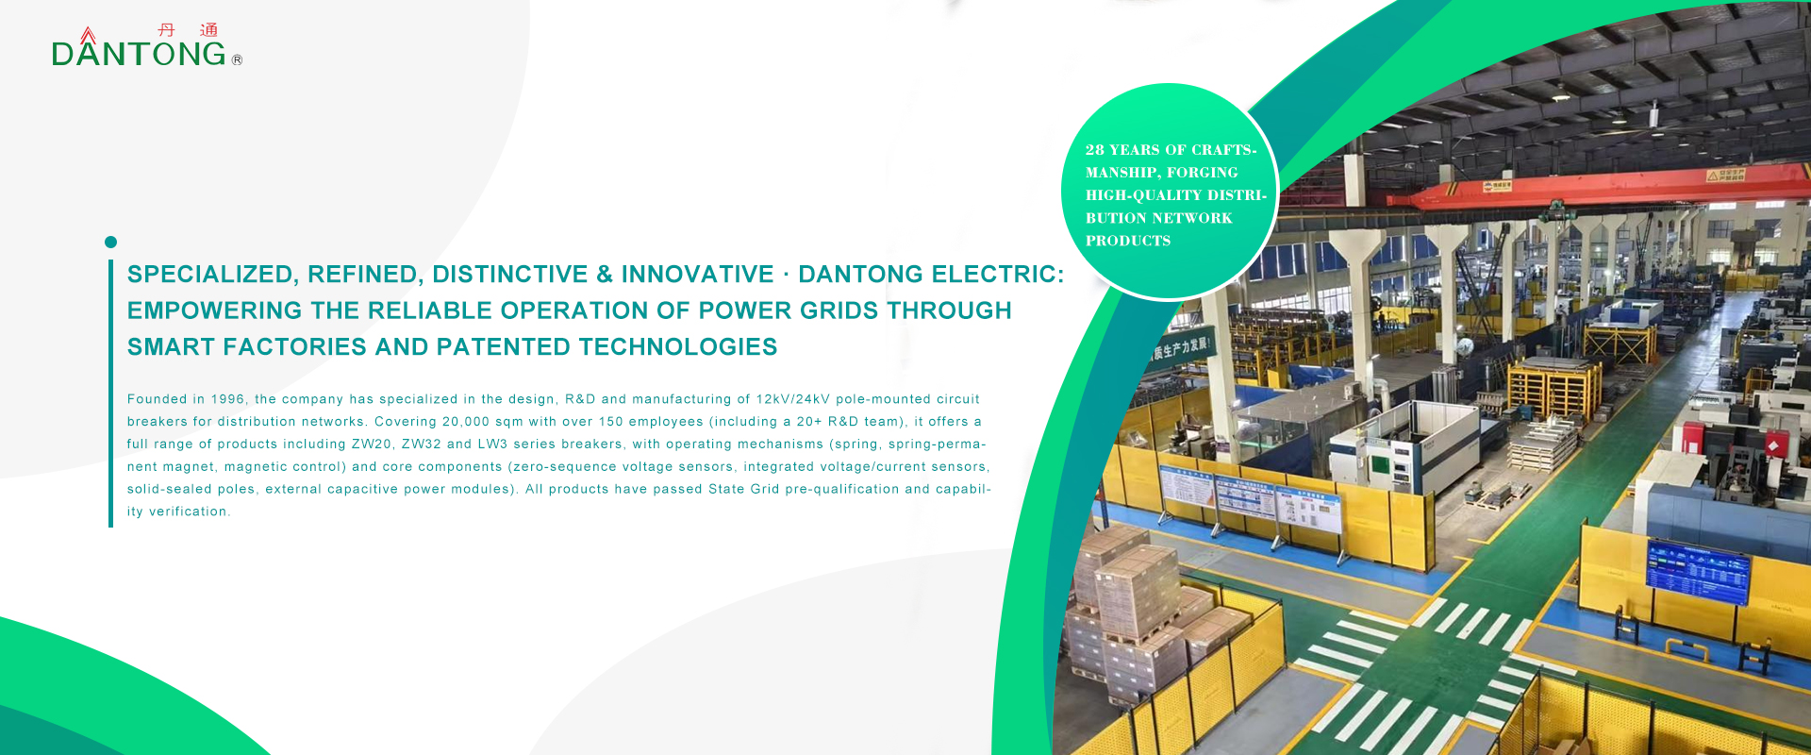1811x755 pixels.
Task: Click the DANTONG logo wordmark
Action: click(140, 54)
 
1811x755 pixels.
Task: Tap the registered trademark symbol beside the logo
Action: click(237, 59)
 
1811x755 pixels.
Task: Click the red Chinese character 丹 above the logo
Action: click(167, 30)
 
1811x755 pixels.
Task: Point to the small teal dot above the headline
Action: click(110, 243)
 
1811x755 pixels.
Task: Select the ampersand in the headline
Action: click(605, 275)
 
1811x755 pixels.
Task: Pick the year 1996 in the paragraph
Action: click(228, 399)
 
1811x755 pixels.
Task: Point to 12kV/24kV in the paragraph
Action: click(792, 399)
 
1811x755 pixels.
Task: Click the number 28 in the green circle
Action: click(1094, 150)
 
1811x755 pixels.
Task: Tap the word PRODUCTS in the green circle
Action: click(1128, 241)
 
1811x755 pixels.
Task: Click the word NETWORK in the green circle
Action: click(1196, 218)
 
